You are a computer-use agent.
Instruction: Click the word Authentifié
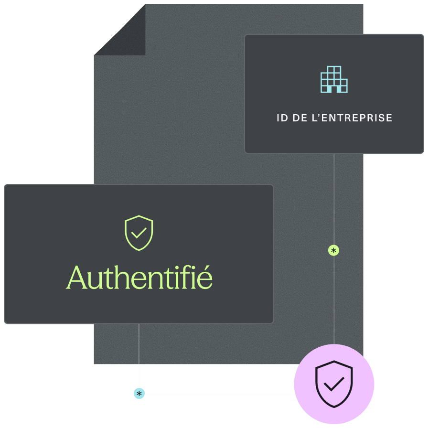(x=139, y=278)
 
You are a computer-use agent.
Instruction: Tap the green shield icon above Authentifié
(x=139, y=233)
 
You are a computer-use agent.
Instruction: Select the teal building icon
(x=334, y=79)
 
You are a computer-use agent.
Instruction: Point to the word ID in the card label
(x=281, y=118)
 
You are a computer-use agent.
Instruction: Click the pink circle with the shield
(x=334, y=384)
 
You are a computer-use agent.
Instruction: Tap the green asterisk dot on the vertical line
(x=333, y=250)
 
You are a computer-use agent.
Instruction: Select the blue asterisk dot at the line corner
(x=139, y=394)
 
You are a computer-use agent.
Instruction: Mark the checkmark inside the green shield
(x=139, y=234)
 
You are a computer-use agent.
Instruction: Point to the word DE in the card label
(x=300, y=118)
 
